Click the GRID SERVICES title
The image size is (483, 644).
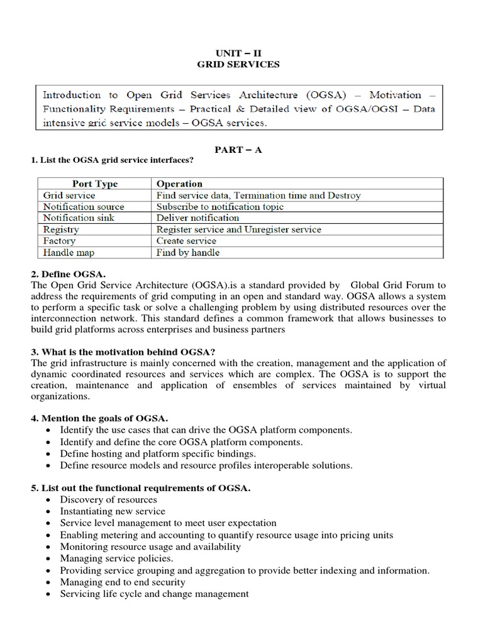point(237,64)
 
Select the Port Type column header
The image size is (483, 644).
point(95,184)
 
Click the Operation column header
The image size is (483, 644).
point(179,184)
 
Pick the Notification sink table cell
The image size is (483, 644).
point(79,218)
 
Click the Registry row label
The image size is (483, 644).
point(61,229)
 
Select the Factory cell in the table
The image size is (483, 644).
point(59,241)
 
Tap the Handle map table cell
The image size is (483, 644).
point(68,253)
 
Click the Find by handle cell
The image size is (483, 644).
point(188,253)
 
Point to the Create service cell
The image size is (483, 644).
point(186,241)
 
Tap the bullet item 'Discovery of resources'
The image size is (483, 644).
point(108,499)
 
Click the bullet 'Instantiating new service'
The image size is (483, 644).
point(113,511)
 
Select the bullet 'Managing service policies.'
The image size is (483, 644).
point(116,558)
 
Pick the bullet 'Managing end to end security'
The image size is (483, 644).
point(123,582)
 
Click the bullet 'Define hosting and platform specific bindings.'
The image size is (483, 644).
point(158,453)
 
